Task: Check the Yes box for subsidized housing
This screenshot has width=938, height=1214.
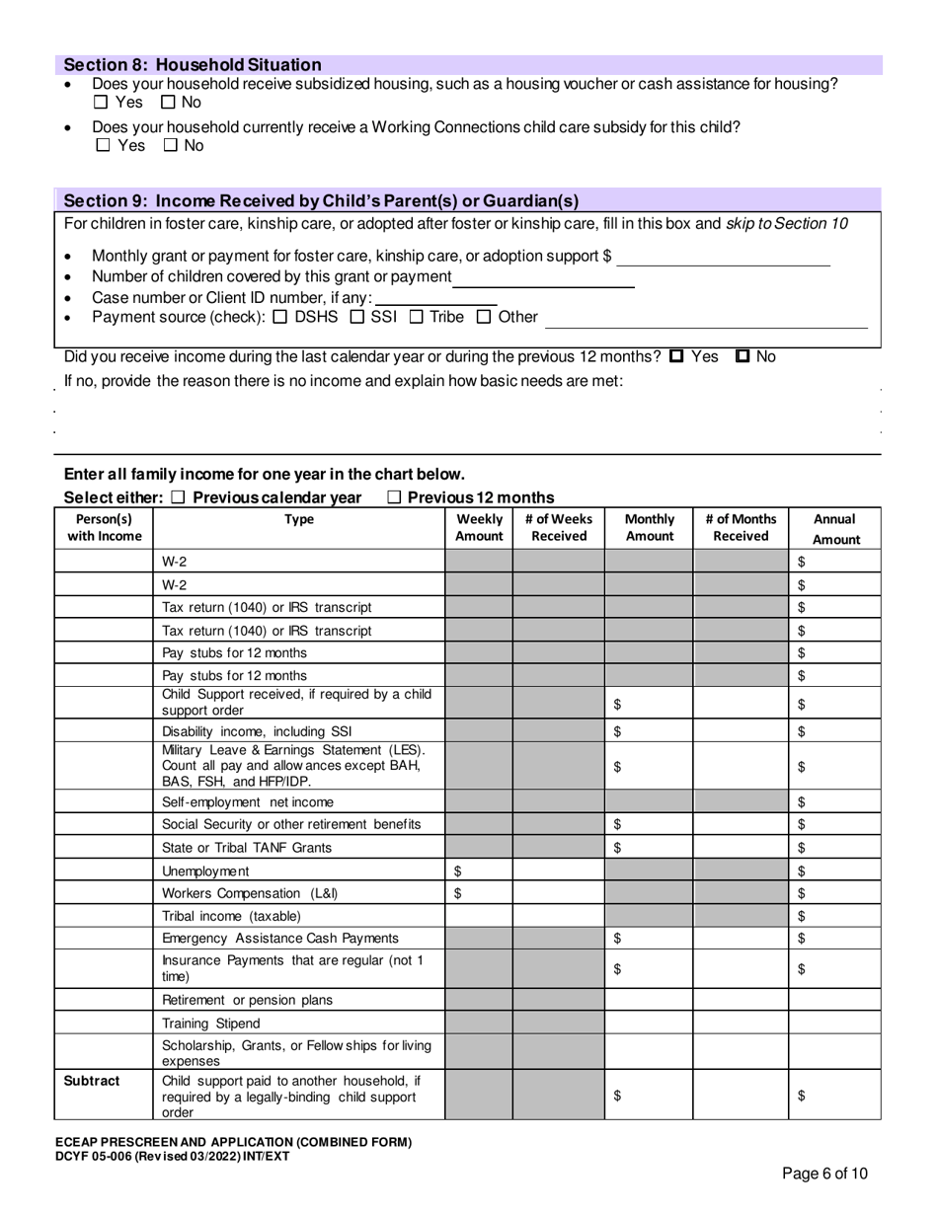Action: (x=102, y=103)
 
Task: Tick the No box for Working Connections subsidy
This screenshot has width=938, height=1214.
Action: (x=171, y=146)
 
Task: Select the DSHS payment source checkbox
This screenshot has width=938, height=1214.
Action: (x=279, y=317)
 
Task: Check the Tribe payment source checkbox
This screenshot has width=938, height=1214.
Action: (x=417, y=317)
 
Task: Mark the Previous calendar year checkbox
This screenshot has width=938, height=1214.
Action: (x=178, y=497)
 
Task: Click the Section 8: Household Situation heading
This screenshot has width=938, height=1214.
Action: (x=193, y=64)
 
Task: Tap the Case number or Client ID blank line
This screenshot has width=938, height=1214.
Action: (x=436, y=299)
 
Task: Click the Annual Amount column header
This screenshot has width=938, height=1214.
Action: (x=835, y=529)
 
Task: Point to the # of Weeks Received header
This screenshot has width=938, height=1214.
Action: (x=558, y=528)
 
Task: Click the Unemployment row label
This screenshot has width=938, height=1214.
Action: (x=205, y=871)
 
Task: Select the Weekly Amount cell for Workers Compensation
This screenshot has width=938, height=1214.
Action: (x=478, y=893)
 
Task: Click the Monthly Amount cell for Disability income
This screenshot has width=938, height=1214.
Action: (x=648, y=731)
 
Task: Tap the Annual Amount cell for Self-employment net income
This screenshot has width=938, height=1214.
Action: (x=835, y=801)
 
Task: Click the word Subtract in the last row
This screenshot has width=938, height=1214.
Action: (x=92, y=1081)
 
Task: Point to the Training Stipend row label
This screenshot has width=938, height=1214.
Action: (x=210, y=1024)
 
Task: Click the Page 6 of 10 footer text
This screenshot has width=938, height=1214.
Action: (x=824, y=1174)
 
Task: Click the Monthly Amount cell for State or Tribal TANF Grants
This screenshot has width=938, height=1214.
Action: (x=648, y=848)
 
